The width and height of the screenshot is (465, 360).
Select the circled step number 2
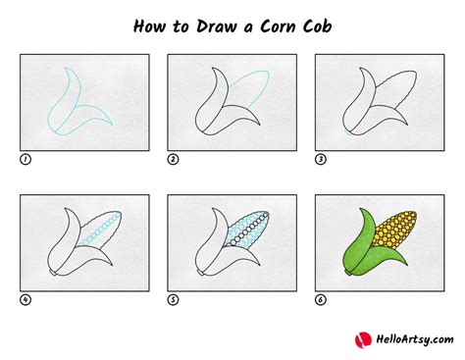click(173, 157)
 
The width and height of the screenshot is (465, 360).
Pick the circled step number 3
click(320, 157)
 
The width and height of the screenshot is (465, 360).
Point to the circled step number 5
click(173, 299)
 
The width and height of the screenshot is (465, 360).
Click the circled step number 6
click(320, 299)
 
